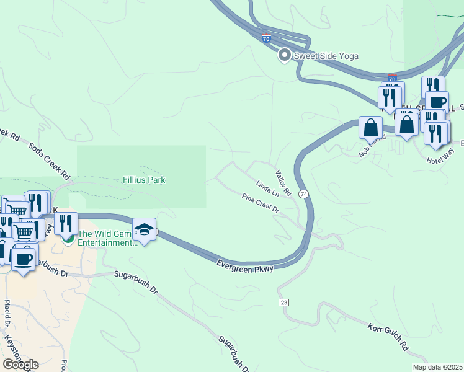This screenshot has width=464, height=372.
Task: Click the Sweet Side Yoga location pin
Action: pos(285,56)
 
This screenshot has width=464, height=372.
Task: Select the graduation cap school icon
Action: pos(144,231)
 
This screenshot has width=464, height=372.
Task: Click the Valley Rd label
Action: pos(283,180)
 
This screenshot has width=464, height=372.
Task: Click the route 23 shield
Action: pos(284,302)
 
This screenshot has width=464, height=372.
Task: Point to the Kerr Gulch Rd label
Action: pos(388,335)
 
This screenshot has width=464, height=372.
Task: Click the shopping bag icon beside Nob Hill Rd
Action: pos(370,128)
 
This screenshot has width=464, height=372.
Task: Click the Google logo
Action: pos(20,364)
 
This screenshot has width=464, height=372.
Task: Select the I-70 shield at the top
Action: pos(266,38)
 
